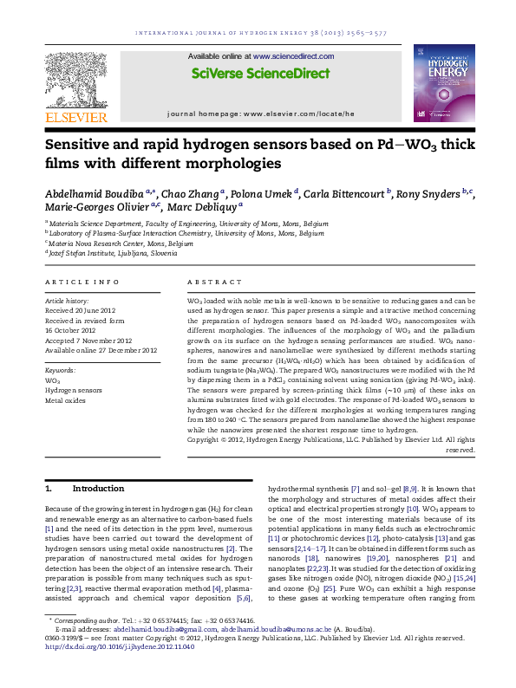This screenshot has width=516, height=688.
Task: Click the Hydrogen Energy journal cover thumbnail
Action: pyautogui.click(x=444, y=81)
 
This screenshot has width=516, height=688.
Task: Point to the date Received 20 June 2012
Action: pyautogui.click(x=79, y=309)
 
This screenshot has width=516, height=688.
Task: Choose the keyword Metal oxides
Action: pyautogui.click(x=66, y=401)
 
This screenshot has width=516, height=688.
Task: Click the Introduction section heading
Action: pyautogui.click(x=98, y=489)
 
